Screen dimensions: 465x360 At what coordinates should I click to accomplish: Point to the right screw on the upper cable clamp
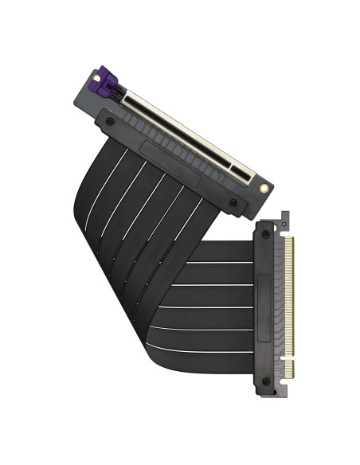[x=233, y=203]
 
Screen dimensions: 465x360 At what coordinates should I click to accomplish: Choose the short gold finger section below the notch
[x=289, y=369]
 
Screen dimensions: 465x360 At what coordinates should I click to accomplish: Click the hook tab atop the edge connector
[x=284, y=220]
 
